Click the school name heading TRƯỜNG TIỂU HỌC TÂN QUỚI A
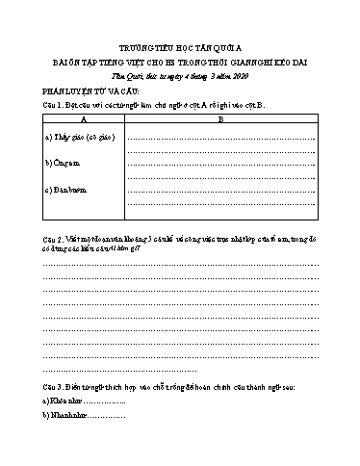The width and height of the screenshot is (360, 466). pyautogui.click(x=180, y=45)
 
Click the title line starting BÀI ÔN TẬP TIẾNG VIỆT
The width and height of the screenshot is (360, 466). pyautogui.click(x=180, y=60)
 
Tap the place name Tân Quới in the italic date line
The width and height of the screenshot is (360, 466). pyautogui.click(x=128, y=73)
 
